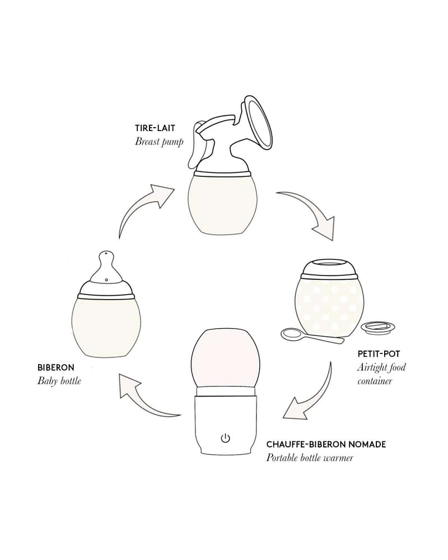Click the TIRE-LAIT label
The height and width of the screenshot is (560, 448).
155,128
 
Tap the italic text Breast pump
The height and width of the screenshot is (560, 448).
159,142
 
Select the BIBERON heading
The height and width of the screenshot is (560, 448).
56,367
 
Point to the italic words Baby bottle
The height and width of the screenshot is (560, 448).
59,381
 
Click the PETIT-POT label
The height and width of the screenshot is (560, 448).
379,354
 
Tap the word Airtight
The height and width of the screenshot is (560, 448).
371,367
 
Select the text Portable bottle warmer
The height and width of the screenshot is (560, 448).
310,458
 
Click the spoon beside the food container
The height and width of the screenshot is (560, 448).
311,337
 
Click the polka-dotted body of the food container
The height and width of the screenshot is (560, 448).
329,309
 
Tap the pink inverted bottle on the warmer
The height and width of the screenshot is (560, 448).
226,357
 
